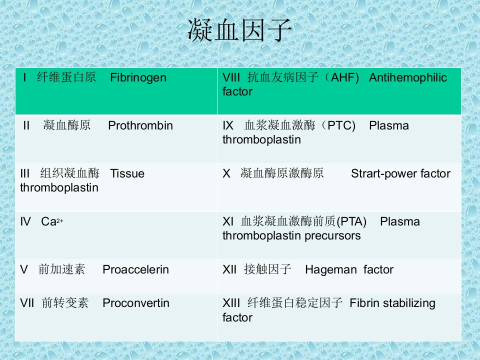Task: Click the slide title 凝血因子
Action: point(239,30)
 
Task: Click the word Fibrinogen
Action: point(138,78)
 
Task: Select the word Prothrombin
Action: point(140,125)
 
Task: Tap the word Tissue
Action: point(127,173)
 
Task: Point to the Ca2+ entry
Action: point(52,221)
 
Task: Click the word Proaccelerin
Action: point(136,269)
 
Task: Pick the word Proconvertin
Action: point(136,303)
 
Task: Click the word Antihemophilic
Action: point(408,78)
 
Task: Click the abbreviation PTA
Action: point(351,221)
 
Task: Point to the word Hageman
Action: point(331,270)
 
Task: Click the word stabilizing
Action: point(409,303)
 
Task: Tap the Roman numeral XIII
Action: point(231,303)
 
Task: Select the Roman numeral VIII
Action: point(231,77)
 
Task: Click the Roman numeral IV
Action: point(25,221)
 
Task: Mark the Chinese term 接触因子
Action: point(267,269)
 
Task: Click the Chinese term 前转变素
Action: point(65,303)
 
